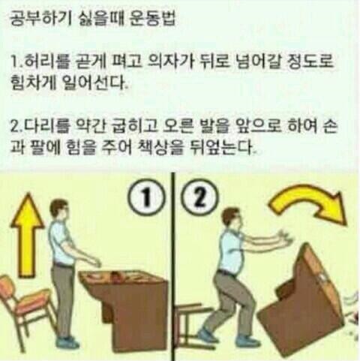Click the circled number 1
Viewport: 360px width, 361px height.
[x=147, y=200]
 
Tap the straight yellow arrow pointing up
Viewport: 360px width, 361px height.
[x=27, y=235]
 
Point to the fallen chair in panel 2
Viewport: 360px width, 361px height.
[x=190, y=323]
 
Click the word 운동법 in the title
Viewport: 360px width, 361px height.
[x=152, y=19]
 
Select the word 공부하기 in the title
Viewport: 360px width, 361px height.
[x=41, y=19]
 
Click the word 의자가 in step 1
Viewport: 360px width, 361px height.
[x=171, y=62]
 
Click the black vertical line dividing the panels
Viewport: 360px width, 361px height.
[x=173, y=266]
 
